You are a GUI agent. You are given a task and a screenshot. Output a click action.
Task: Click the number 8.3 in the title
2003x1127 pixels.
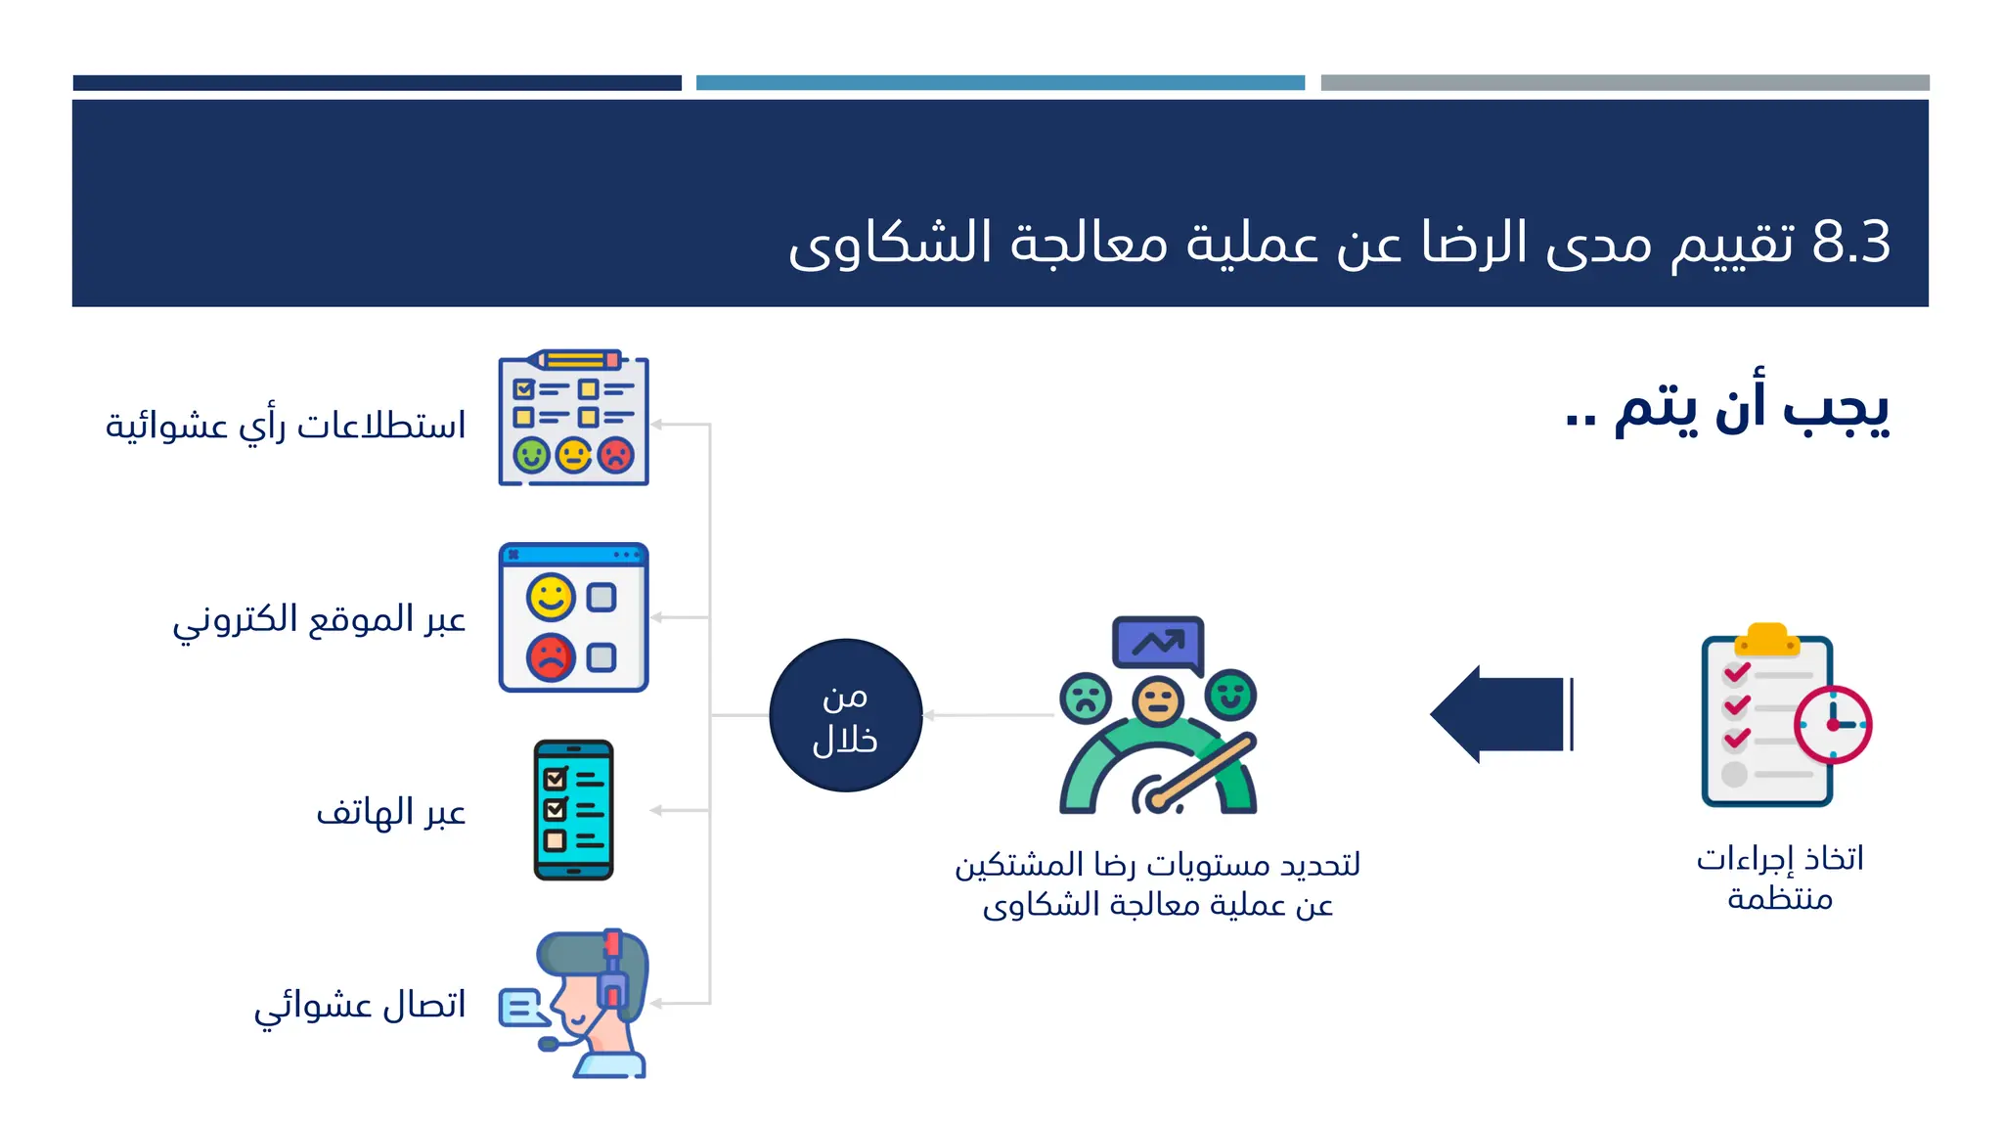pos(1850,242)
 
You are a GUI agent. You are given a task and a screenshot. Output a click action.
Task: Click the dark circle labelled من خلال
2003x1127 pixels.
pos(845,715)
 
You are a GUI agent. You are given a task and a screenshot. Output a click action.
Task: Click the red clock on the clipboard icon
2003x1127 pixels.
pos(1832,725)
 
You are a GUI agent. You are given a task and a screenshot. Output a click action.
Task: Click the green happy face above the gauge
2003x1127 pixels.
pos(1230,696)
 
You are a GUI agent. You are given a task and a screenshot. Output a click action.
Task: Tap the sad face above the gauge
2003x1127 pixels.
pos(1086,699)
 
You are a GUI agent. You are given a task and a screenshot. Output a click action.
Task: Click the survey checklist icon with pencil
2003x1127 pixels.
pos(573,419)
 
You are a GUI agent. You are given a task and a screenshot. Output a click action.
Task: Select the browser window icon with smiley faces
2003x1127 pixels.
pos(573,618)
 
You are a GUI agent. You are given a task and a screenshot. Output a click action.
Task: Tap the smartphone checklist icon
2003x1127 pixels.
pos(573,810)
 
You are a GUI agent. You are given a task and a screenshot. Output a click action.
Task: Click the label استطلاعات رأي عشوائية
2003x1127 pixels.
pos(286,426)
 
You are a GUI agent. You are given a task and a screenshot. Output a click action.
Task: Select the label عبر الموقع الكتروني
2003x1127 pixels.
pos(319,619)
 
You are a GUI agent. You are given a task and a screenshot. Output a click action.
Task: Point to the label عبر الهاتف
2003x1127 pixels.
pos(390,812)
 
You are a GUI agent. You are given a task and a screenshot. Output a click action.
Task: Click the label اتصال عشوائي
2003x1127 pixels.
pos(360,1005)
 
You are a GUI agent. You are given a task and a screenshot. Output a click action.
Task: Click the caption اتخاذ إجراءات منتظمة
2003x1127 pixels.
pos(1779,878)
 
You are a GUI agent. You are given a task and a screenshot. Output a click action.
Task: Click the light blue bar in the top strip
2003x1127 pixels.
pos(1000,83)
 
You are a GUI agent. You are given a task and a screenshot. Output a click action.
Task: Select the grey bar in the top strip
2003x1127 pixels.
pos(1625,83)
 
